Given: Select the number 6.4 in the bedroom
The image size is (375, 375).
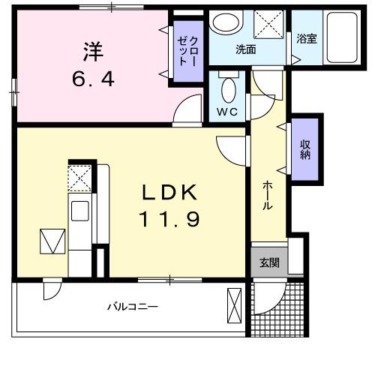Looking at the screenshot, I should (x=94, y=78).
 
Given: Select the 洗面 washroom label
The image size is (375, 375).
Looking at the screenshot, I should (x=246, y=49).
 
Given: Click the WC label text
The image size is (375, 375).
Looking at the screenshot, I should (x=228, y=112).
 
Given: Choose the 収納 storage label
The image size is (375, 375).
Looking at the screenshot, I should (x=306, y=149).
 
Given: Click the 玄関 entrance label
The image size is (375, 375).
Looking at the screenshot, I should (x=269, y=262).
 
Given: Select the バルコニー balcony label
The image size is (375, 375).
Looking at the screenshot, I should (x=131, y=307).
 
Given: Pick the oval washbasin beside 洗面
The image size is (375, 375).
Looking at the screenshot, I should (x=223, y=23).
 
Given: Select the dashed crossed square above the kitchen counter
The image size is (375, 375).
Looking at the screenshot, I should (x=79, y=178).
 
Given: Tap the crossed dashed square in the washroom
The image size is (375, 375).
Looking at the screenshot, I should (x=266, y=24).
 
